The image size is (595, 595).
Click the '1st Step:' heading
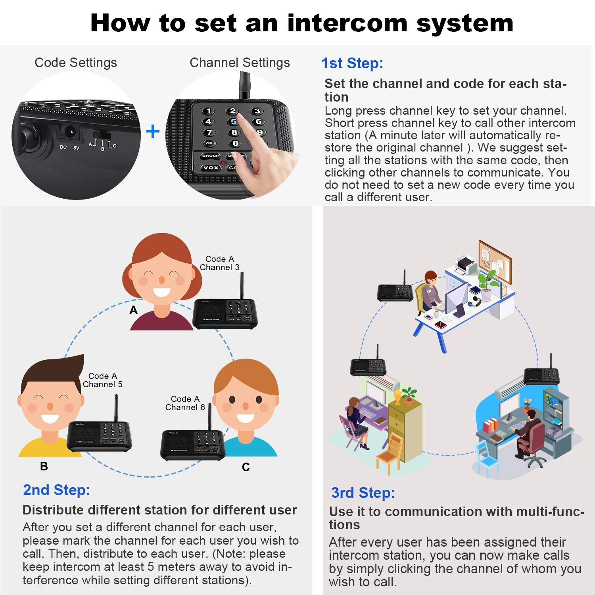pyautogui.click(x=352, y=63)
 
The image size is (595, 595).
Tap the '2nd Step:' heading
pyautogui.click(x=57, y=490)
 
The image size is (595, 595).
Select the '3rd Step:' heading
pyautogui.click(x=363, y=493)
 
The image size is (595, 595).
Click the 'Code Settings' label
pyautogui.click(x=76, y=63)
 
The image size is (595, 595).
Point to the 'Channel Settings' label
pyautogui.click(x=240, y=63)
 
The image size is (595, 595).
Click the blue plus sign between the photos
pyautogui.click(x=153, y=132)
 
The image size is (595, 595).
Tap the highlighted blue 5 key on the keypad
pyautogui.click(x=234, y=122)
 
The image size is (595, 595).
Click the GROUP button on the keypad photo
pyautogui.click(x=211, y=156)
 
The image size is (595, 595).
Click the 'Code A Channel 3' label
pyautogui.click(x=220, y=263)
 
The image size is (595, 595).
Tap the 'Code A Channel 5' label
pyautogui.click(x=103, y=380)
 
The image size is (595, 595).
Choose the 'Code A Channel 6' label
pyautogui.click(x=185, y=403)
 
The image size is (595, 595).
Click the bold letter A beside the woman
pyautogui.click(x=134, y=310)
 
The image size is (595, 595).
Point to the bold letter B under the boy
pyautogui.click(x=44, y=466)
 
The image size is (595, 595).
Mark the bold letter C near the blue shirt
pyautogui.click(x=246, y=467)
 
